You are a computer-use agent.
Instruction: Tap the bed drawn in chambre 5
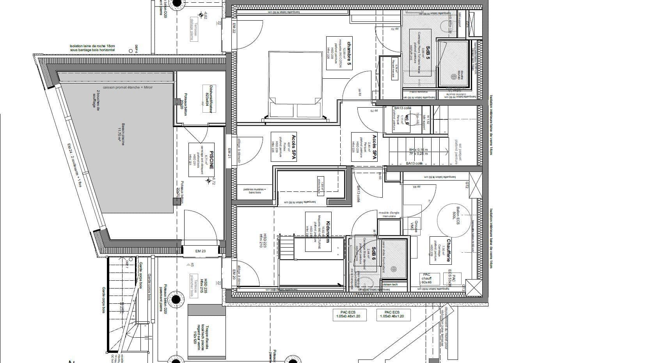295,83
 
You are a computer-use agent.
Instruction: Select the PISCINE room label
211,160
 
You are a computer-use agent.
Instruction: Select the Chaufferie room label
449,250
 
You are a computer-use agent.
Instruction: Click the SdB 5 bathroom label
428,53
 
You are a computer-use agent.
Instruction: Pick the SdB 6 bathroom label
373,254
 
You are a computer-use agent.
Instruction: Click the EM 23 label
200,251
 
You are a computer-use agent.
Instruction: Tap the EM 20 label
234,274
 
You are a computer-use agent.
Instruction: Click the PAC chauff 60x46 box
430,278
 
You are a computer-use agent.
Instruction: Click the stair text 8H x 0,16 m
418,150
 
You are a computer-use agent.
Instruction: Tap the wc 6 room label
407,119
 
